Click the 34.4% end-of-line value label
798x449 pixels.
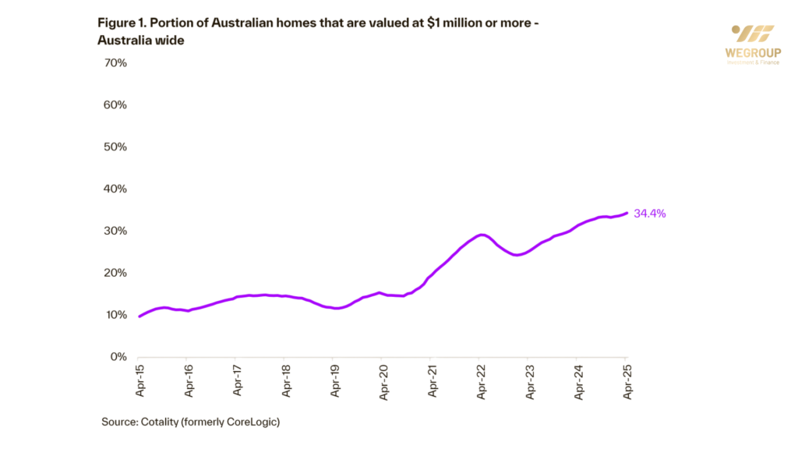[x=650, y=213]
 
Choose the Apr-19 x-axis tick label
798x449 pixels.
[x=334, y=381]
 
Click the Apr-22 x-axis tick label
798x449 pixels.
[x=480, y=381]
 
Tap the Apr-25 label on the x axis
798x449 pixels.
[x=627, y=381]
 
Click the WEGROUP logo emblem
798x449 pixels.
[x=753, y=34]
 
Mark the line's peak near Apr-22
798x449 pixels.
[x=482, y=234]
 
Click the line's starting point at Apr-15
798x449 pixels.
[x=139, y=316]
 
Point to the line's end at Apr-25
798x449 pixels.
[x=627, y=213]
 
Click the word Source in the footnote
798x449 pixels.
[x=118, y=422]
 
